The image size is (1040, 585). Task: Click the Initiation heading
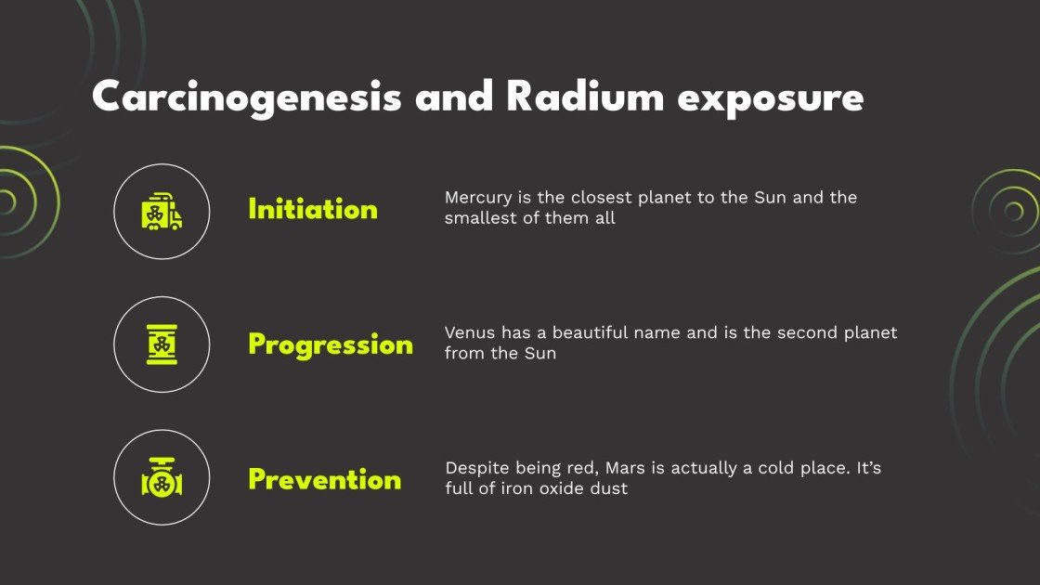[313, 210]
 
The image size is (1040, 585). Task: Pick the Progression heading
[331, 345]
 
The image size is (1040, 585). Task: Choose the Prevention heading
[325, 480]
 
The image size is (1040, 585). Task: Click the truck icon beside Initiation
[162, 212]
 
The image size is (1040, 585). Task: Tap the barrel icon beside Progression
[162, 345]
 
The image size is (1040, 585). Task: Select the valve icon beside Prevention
[162, 480]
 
